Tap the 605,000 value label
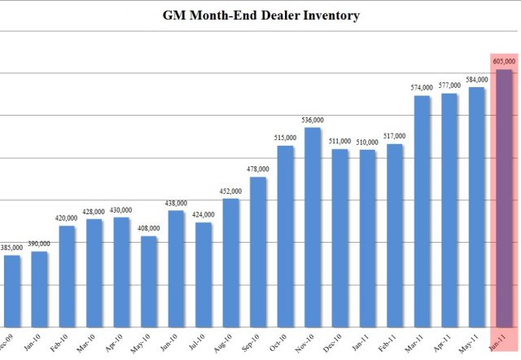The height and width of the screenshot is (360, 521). pyautogui.click(x=504, y=61)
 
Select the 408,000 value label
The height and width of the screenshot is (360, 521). pyautogui.click(x=148, y=229)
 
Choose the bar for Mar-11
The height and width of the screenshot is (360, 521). pyautogui.click(x=422, y=209)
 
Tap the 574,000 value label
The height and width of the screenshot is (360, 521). pyautogui.click(x=422, y=87)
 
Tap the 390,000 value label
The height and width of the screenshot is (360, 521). pyautogui.click(x=39, y=244)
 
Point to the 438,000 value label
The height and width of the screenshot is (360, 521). pyautogui.click(x=176, y=203)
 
